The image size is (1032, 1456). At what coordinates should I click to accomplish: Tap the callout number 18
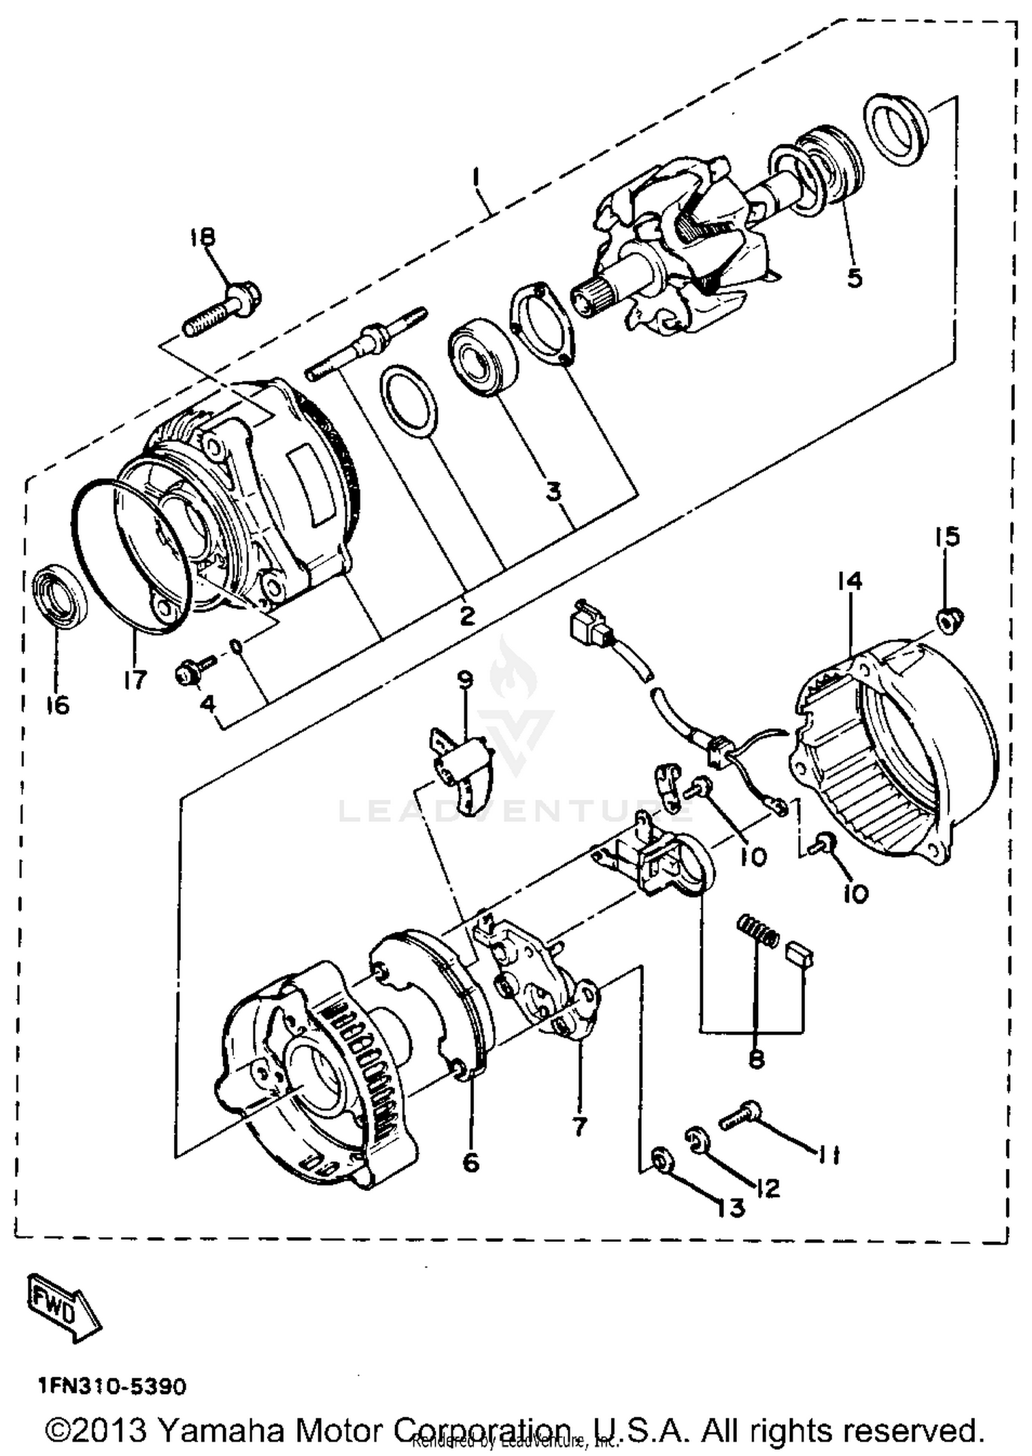point(203,238)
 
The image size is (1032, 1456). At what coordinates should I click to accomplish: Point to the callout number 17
point(136,679)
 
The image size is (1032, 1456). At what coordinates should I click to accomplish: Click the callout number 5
point(854,277)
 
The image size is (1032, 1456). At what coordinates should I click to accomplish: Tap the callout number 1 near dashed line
point(475,178)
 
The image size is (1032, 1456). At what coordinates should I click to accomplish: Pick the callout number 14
point(850,581)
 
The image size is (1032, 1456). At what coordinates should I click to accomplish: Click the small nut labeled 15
point(951,622)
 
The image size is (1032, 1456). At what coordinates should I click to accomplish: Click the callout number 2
point(467,615)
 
